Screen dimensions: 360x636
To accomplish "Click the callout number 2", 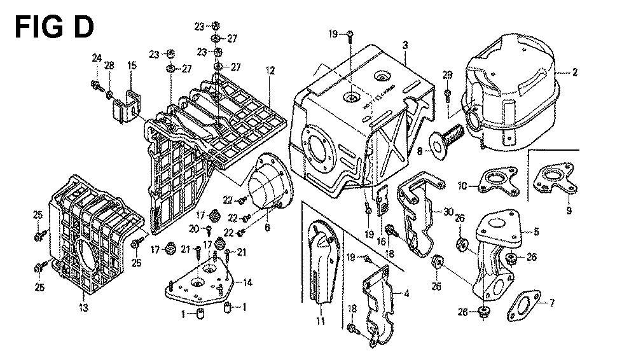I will click(x=575, y=73).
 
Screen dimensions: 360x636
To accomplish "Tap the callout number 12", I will click(x=270, y=70).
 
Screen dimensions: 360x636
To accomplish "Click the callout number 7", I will click(x=551, y=303).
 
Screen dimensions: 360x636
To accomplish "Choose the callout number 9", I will click(x=569, y=210).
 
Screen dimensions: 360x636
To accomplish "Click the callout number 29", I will click(x=447, y=76).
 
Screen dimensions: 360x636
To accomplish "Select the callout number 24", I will click(x=96, y=59).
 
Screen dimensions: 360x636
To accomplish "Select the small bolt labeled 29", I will click(x=447, y=95).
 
